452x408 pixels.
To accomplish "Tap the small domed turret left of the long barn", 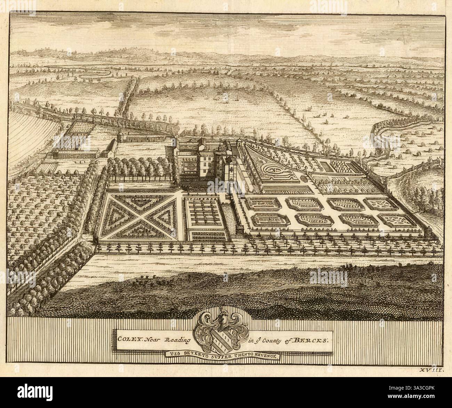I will pos(120,136).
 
